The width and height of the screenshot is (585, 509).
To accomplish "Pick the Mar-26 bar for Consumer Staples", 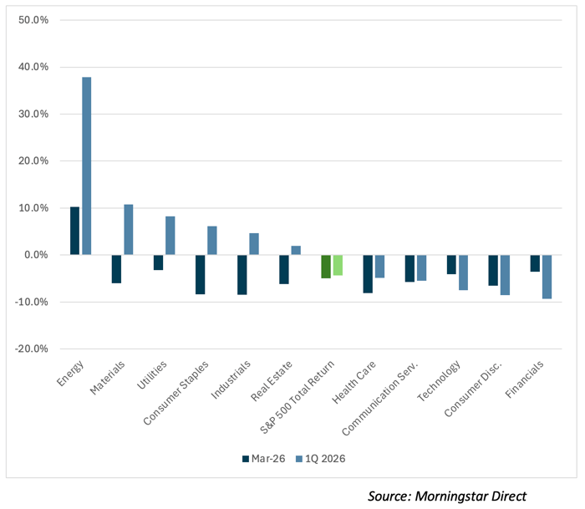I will tap(200, 274).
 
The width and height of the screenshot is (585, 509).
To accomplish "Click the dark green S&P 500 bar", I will tap(326, 266).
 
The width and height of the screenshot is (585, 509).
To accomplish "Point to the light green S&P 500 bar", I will tap(338, 265).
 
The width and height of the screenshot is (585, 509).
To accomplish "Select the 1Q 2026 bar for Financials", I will tap(547, 277).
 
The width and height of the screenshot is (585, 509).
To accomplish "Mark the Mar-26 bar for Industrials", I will tap(242, 274).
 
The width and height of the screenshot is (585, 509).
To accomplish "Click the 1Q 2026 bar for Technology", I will tap(463, 272).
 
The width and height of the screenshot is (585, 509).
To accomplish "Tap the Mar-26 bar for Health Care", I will tap(367, 273).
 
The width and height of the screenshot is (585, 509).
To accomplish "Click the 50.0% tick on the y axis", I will tap(33, 19).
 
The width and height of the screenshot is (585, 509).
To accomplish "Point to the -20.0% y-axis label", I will tap(32, 349).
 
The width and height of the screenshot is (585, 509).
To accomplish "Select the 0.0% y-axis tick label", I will tap(35, 255).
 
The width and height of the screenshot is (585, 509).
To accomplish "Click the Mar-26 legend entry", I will tap(263, 459).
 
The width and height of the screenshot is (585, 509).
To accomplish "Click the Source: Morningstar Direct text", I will tap(448, 496).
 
